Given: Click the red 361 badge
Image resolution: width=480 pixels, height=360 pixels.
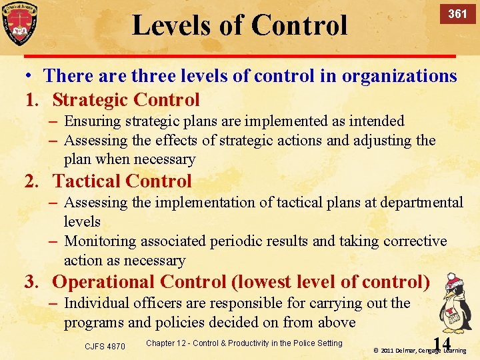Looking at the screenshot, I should [x=457, y=14].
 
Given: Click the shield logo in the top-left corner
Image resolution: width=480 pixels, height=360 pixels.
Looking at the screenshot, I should [x=19, y=24].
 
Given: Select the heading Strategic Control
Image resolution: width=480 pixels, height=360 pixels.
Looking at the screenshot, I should [x=126, y=100].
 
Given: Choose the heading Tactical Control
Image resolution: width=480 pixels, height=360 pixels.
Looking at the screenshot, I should [x=122, y=181].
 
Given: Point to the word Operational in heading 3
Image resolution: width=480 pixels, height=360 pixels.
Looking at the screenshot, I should [x=104, y=282].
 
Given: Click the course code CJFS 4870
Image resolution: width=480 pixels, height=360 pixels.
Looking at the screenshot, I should [x=105, y=346].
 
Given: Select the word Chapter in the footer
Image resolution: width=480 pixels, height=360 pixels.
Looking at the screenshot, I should [x=160, y=343].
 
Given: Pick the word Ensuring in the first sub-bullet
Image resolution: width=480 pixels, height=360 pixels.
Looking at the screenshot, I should [x=93, y=121].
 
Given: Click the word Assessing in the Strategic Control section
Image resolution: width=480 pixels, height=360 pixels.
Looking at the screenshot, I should [x=95, y=141].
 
